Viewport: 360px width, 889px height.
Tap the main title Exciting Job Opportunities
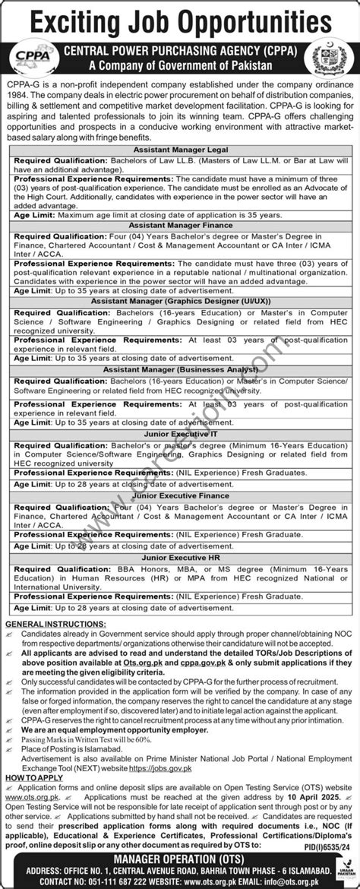[179, 17]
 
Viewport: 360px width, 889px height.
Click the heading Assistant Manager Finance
[179, 225]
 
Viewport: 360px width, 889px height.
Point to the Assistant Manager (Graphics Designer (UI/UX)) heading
[179, 301]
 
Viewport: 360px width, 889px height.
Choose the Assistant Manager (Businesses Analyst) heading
[179, 368]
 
